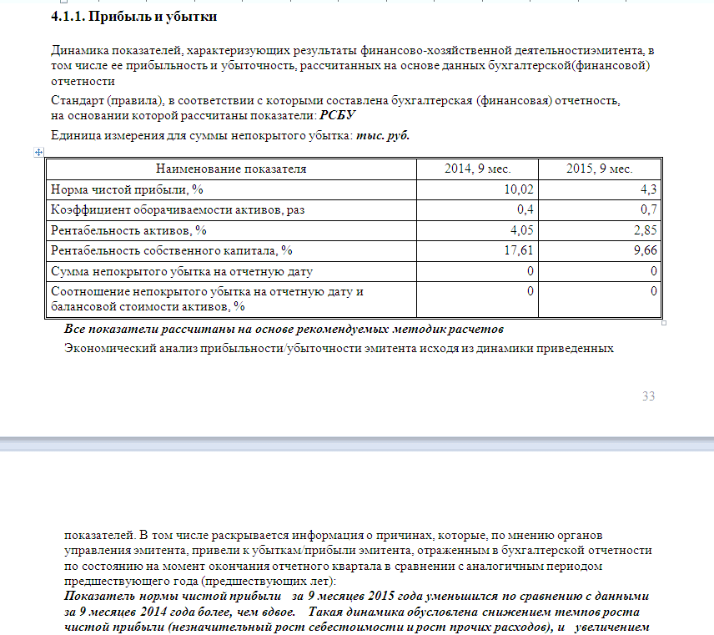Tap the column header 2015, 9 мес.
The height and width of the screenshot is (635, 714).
[600, 169]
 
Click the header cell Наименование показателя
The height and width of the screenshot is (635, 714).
[231, 169]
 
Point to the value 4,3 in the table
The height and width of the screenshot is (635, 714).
[649, 189]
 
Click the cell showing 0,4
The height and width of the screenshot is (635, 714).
[525, 209]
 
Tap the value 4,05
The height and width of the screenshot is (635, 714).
[521, 229]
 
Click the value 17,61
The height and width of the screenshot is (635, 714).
[519, 250]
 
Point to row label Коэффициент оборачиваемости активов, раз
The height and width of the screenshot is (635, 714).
[178, 209]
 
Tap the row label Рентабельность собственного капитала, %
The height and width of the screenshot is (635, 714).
[172, 250]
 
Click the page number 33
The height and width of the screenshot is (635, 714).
[648, 396]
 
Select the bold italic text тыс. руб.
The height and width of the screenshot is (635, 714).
[383, 135]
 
